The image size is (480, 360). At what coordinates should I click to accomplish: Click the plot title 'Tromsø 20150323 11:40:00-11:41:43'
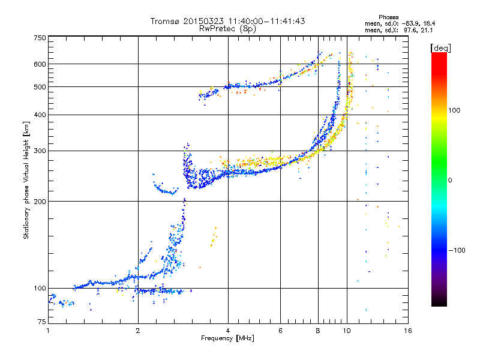click(x=228, y=21)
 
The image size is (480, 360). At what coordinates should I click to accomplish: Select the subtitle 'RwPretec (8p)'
click(x=227, y=29)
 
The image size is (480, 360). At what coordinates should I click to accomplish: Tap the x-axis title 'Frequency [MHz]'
click(x=227, y=338)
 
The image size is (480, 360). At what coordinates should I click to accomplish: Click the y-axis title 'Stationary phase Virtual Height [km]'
click(x=26, y=181)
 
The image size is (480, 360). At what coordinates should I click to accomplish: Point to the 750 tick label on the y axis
click(x=40, y=38)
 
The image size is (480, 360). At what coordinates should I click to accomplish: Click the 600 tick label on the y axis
click(x=40, y=64)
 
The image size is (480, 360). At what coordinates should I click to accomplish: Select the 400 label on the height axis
click(x=40, y=115)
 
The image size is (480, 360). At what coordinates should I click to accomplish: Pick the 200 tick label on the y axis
click(x=40, y=202)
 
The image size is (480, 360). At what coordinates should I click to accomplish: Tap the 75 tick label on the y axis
click(x=42, y=322)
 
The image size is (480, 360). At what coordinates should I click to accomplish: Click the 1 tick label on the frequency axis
click(x=48, y=331)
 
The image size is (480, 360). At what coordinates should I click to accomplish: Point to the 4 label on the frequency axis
click(x=228, y=331)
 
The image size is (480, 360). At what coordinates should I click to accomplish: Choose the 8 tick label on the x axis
click(x=318, y=331)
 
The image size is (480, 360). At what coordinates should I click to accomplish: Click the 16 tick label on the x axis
click(x=408, y=331)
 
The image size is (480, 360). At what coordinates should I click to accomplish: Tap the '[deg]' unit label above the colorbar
click(x=440, y=48)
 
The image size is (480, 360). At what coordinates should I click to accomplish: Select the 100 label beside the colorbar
click(x=454, y=110)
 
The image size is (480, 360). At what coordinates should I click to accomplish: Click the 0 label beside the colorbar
click(x=450, y=181)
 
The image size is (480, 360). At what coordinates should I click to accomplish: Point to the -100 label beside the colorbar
click(x=457, y=250)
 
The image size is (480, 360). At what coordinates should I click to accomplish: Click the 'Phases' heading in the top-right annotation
click(x=388, y=17)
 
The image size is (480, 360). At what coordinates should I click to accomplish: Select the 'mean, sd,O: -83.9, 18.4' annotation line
click(x=400, y=23)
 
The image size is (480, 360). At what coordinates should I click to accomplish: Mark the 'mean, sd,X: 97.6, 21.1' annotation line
click(x=398, y=30)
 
